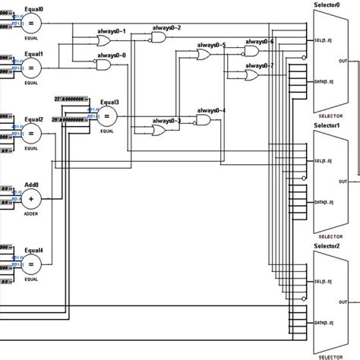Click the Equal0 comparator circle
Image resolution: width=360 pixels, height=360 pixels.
31,24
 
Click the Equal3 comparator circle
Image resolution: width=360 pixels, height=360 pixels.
107,116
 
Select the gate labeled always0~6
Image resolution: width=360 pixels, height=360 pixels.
251,52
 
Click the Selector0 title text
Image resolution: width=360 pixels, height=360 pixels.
328,5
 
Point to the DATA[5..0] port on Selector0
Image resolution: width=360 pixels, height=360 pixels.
322,81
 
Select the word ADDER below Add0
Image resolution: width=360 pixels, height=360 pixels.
31,215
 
